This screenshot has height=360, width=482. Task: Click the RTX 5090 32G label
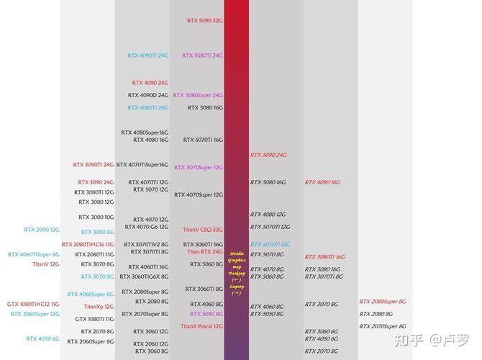coord(205,21)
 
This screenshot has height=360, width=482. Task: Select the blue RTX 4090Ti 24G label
coord(148,55)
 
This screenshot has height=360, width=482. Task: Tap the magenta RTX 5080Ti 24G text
coord(202,55)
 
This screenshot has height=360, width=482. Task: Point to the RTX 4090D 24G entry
coord(148,95)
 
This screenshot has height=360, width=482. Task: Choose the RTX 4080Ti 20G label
coord(148,108)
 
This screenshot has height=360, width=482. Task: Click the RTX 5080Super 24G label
coord(198,95)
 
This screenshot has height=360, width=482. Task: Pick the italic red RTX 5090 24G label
coord(268,155)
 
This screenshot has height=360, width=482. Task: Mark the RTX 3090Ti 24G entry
coord(94,164)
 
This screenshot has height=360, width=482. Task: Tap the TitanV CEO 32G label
coord(202,230)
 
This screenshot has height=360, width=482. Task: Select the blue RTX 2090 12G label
coord(42,230)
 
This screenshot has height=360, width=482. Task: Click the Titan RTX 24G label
coord(205,252)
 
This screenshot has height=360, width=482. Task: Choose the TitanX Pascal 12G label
coord(201,326)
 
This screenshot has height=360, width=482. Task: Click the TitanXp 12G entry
coord(99,307)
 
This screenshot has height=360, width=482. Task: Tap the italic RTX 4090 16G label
coord(322,182)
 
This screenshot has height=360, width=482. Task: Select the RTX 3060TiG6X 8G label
coord(144,277)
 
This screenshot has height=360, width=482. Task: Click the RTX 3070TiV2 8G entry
coord(146,244)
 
